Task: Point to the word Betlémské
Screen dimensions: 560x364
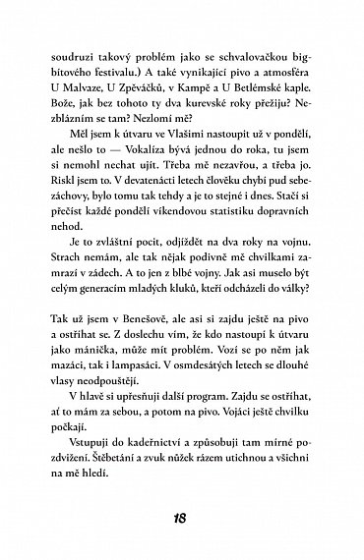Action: coord(261,85)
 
